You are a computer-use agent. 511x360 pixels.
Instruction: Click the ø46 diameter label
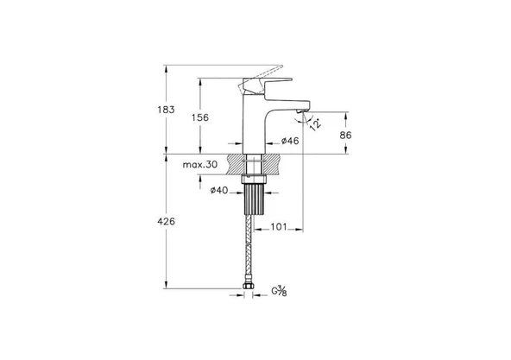click(290, 141)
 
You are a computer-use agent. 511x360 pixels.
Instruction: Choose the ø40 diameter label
click(218, 191)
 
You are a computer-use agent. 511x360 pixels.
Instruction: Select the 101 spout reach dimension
click(279, 228)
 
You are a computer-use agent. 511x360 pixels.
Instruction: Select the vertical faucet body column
click(255, 125)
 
